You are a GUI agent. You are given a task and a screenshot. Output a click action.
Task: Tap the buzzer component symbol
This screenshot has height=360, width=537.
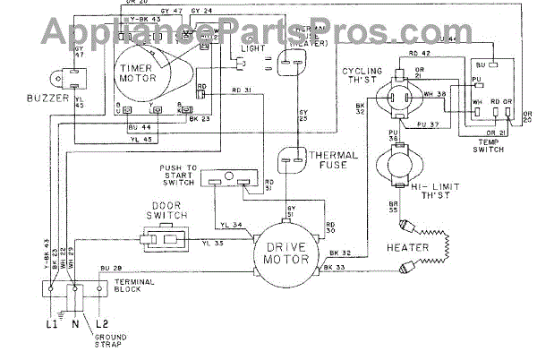[61, 79]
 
